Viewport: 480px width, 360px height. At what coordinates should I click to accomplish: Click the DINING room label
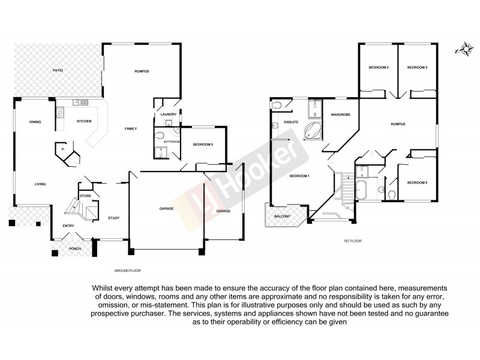tap(35, 122)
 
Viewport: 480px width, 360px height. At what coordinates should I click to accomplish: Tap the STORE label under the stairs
tap(85, 196)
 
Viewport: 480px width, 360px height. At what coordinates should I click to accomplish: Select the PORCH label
tap(75, 248)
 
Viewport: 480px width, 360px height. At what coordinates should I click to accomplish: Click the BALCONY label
tap(282, 216)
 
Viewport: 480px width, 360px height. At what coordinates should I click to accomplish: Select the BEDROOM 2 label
tap(379, 68)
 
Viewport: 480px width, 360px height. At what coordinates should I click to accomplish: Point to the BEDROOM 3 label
tap(417, 68)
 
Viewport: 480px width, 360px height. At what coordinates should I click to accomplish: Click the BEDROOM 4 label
tap(417, 182)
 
